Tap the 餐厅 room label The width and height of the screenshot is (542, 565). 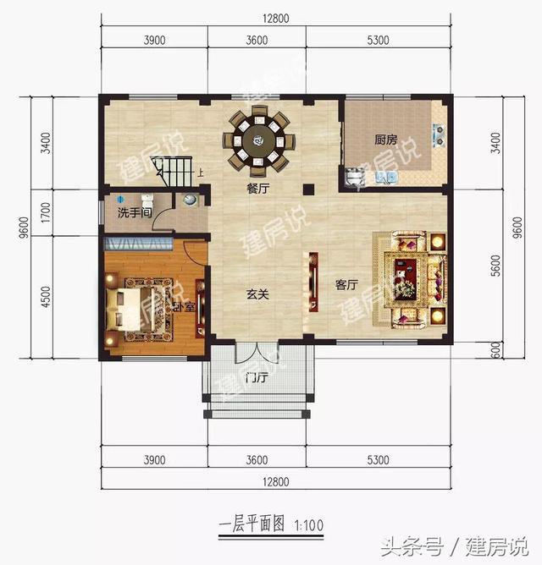[x=257, y=189]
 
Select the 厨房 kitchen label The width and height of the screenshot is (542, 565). [x=386, y=140]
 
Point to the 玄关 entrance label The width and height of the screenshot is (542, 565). [x=257, y=294]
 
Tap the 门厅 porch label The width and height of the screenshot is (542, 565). [x=256, y=376]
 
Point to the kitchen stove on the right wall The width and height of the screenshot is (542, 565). [x=439, y=133]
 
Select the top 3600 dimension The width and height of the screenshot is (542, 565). [x=257, y=40]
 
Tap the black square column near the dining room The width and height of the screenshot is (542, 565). [x=308, y=189]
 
